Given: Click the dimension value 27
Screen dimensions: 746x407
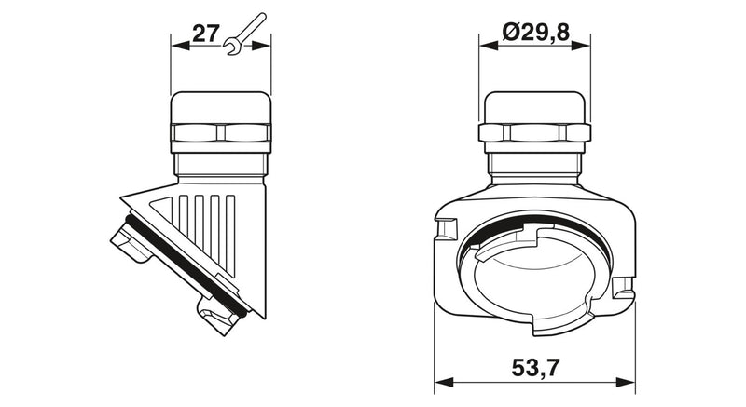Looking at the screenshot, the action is click(x=205, y=34).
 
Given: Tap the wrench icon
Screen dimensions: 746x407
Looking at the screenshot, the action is click(x=243, y=34).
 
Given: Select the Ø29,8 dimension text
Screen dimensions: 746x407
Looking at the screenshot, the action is click(x=535, y=33).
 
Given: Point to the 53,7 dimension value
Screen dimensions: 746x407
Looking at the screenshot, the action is click(x=535, y=368).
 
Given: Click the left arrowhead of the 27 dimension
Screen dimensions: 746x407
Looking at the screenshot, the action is click(x=180, y=46).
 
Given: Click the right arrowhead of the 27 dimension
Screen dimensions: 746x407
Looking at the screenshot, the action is click(x=261, y=46).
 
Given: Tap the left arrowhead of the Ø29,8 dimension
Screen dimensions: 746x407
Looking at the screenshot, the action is click(x=489, y=46).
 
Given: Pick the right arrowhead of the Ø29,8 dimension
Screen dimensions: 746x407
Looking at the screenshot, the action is click(x=580, y=46).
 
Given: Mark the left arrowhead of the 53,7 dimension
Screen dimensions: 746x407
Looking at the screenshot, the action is click(x=444, y=382).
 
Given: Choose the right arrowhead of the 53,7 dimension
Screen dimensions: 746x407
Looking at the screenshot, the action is click(x=626, y=382).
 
